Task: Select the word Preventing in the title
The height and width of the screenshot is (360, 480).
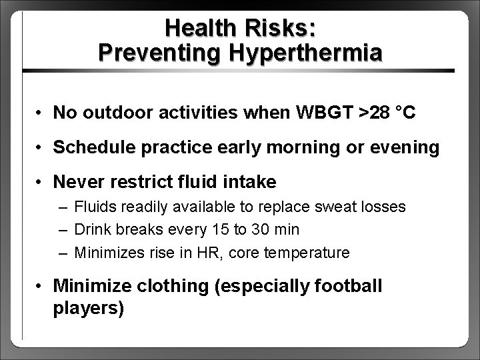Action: [139, 52]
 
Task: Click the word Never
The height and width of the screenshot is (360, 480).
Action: [75, 182]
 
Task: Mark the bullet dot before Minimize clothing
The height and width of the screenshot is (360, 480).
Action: [41, 287]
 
